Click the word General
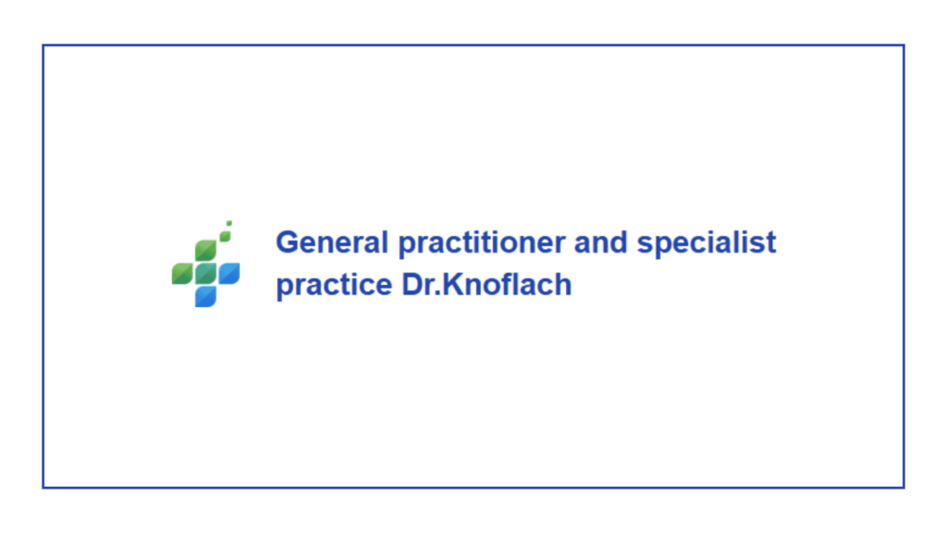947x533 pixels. (x=332, y=242)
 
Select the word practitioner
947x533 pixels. (x=482, y=244)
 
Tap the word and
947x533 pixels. (x=601, y=242)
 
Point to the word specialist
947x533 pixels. (x=707, y=244)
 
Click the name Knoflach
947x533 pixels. (x=507, y=284)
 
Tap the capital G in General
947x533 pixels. (x=289, y=242)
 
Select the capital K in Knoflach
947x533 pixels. (x=454, y=284)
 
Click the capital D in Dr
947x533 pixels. (x=413, y=284)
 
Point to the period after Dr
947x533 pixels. (x=438, y=293)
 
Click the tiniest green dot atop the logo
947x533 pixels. (x=229, y=224)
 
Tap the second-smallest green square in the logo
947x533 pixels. (x=226, y=236)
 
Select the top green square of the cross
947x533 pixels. (x=206, y=250)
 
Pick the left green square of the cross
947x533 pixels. (x=182, y=273)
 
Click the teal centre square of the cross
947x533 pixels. (x=206, y=273)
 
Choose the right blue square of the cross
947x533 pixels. (x=229, y=273)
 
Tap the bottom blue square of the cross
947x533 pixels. (x=206, y=297)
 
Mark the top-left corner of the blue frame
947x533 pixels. (x=43, y=45)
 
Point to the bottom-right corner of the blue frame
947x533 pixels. (x=904, y=487)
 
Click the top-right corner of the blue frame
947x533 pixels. (x=904, y=45)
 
